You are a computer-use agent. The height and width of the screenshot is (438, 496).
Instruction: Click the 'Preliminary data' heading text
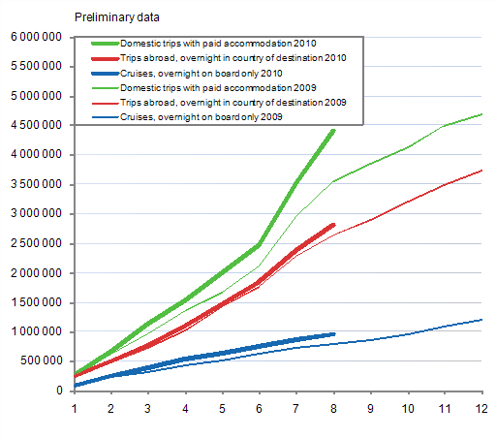[117, 16]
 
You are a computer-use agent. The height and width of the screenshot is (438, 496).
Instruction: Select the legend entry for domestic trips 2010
[218, 45]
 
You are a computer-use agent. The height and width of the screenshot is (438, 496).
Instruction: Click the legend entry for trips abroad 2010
[232, 58]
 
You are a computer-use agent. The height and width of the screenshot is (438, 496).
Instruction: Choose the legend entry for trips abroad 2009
[232, 102]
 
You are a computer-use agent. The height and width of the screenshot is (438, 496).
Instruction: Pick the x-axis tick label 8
[334, 408]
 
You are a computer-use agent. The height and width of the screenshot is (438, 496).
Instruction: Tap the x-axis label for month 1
[75, 408]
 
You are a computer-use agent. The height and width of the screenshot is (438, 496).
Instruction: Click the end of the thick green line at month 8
[334, 129]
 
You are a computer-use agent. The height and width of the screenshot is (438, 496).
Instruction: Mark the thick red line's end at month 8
[334, 224]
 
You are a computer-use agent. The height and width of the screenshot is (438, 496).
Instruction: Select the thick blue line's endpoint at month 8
[334, 334]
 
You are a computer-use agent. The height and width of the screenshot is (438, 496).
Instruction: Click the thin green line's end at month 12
[481, 114]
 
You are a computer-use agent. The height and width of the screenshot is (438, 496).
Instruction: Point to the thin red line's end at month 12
[481, 171]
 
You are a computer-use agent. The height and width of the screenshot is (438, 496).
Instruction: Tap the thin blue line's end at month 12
[481, 320]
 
